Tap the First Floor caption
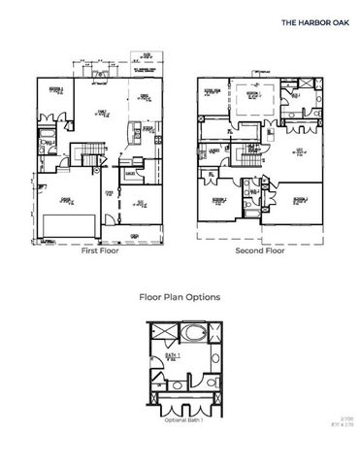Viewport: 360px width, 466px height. tap(99, 250)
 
